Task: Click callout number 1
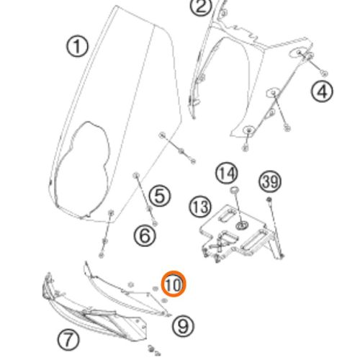(77, 46)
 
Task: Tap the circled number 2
(201, 6)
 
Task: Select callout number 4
(322, 91)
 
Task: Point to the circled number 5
(160, 196)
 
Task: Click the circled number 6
(145, 235)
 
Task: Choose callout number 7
(68, 340)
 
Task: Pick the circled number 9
(183, 325)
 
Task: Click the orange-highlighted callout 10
(174, 284)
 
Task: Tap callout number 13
(200, 207)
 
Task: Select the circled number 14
(227, 174)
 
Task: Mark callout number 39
(270, 181)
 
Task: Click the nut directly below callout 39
(269, 199)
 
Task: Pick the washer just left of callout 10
(156, 288)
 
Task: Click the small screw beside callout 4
(324, 73)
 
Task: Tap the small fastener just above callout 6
(155, 223)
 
